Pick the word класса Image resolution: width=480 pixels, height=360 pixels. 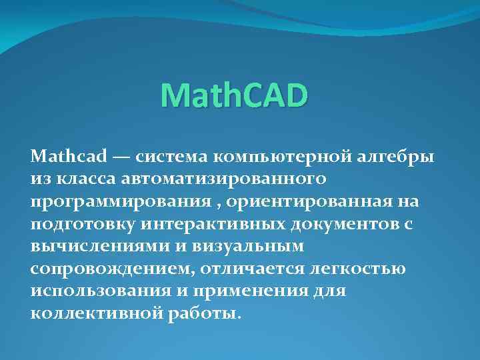86,179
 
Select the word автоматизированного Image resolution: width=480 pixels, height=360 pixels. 223,179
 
